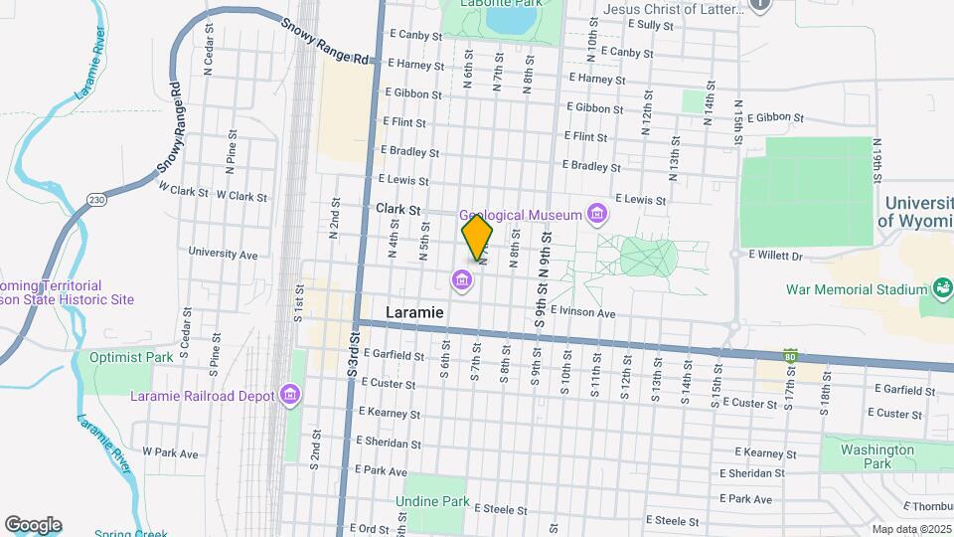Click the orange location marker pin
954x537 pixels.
pos(477,238)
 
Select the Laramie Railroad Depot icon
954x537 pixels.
pos(289,396)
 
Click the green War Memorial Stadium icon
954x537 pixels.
pos(940,289)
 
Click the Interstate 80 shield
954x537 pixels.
pos(790,355)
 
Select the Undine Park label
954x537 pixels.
pos(431,502)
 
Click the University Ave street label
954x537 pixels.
pos(223,254)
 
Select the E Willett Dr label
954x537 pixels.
pos(779,255)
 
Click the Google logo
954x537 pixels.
pos(33,524)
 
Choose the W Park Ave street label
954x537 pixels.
pos(171,451)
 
